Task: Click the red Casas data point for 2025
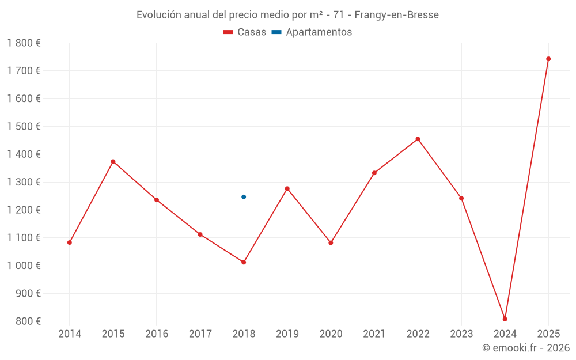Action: tap(548, 59)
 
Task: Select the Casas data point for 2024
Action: tap(505, 319)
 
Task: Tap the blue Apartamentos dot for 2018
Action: tap(244, 197)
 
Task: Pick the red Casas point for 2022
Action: tap(418, 139)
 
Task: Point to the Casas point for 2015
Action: tap(113, 161)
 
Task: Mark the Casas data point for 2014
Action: tap(70, 242)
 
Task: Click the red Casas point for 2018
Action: tap(244, 262)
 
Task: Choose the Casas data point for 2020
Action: tap(331, 243)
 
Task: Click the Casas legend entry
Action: tap(245, 32)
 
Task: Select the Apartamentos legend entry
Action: tap(312, 32)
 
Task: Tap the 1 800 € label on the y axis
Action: tap(24, 43)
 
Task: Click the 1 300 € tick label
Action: tap(24, 182)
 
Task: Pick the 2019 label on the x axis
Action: tap(287, 334)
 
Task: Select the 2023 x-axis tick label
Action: tap(461, 334)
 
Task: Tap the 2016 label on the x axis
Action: tap(157, 334)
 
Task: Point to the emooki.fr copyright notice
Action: tap(525, 348)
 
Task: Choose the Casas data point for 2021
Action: tap(374, 173)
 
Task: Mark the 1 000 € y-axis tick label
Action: tap(24, 266)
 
